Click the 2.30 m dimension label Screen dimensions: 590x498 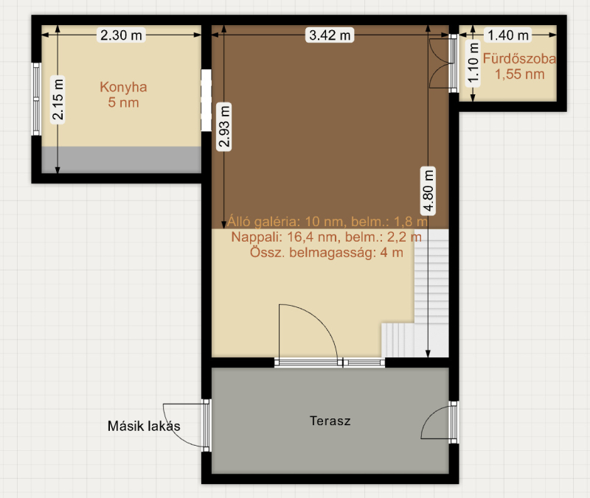(x=121, y=35)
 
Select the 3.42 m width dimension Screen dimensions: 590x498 (x=330, y=35)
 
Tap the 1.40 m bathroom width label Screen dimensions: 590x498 (x=508, y=35)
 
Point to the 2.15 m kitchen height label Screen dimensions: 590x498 (x=58, y=99)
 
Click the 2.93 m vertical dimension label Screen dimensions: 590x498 (x=224, y=127)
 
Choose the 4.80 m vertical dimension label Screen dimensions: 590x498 (x=428, y=191)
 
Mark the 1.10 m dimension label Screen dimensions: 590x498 (x=473, y=63)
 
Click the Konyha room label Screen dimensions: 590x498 (x=123, y=87)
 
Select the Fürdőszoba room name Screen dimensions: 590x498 (x=519, y=59)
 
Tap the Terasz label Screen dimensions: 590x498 (x=330, y=421)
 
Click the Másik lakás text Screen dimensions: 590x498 (x=144, y=426)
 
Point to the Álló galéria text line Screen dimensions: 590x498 (x=327, y=222)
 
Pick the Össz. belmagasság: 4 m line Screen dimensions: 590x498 (x=327, y=252)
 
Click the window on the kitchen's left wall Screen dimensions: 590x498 (x=36, y=99)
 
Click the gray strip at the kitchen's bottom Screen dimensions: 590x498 (x=121, y=160)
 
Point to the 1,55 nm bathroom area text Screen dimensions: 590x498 (x=520, y=74)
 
